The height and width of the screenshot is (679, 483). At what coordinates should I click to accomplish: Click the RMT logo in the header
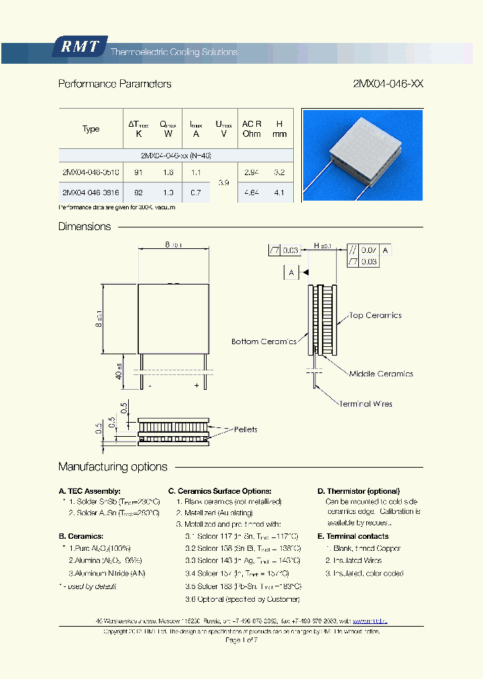tap(80, 47)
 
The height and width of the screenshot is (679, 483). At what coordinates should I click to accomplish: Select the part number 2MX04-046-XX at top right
tap(388, 84)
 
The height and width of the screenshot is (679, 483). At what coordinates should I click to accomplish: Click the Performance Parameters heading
tap(115, 84)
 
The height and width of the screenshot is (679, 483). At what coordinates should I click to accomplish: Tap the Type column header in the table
tap(91, 129)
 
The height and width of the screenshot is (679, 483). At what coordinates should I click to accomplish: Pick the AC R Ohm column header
tap(252, 129)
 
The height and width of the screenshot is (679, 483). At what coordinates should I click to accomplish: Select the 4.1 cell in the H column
tap(279, 193)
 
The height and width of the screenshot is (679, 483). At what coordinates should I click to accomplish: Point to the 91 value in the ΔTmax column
tap(139, 172)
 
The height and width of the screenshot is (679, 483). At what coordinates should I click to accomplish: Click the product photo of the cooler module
tap(362, 155)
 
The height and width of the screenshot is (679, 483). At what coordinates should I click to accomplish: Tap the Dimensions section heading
tap(85, 227)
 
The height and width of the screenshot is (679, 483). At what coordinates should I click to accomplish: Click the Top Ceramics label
tap(375, 315)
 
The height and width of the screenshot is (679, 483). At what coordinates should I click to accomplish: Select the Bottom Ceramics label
tap(264, 342)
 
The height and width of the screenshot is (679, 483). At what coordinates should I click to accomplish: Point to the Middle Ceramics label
tap(381, 374)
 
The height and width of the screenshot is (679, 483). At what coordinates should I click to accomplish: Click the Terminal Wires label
tap(365, 404)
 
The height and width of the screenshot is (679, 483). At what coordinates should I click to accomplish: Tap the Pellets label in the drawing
tap(245, 429)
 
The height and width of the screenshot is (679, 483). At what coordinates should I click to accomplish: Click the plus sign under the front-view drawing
tap(197, 386)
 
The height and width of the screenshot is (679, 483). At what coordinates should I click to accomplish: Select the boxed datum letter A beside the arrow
tap(290, 272)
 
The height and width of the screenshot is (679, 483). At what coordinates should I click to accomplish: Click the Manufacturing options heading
tap(113, 467)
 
